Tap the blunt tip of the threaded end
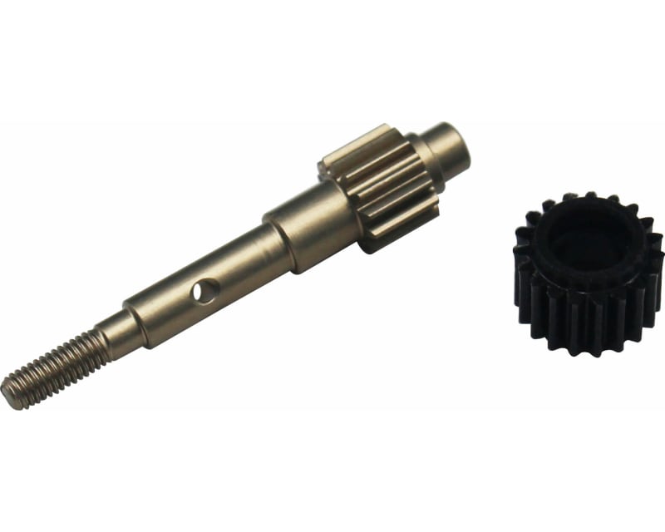click(10, 392)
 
